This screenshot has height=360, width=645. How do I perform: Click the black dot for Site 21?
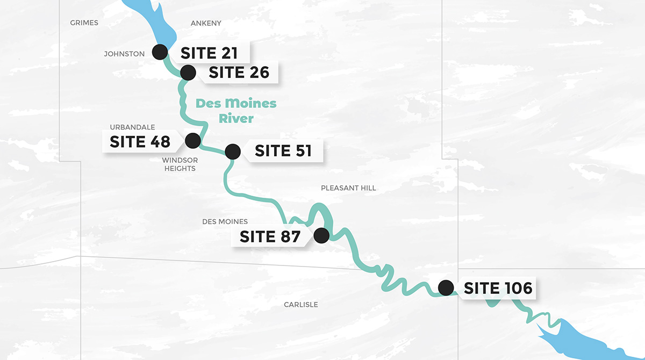(x=160, y=52)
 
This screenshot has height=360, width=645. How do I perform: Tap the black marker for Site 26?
(x=188, y=72)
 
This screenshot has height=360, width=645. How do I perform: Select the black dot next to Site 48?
(x=192, y=141)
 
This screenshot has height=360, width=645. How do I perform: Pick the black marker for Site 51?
(x=233, y=152)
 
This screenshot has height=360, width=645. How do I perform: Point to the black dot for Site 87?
(x=321, y=236)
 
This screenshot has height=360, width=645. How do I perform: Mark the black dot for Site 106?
(x=446, y=288)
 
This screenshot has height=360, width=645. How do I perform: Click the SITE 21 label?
(x=209, y=53)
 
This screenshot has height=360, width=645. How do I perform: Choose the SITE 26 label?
(x=239, y=73)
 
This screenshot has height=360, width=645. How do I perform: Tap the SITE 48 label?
(x=140, y=141)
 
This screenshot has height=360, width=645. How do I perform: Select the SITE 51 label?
(x=283, y=151)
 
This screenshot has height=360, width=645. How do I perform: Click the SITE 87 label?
(x=270, y=236)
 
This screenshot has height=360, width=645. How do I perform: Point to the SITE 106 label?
(x=498, y=289)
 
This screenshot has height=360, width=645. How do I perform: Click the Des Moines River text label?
(x=236, y=111)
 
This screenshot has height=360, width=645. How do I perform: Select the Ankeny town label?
(x=206, y=23)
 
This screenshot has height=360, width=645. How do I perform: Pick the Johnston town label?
(x=124, y=54)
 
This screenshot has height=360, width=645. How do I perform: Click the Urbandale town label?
(x=132, y=127)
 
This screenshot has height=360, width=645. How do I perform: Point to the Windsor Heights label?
(x=180, y=164)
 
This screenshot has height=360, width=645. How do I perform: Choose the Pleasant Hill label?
(x=348, y=188)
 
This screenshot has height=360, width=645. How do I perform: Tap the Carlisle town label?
(x=300, y=305)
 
